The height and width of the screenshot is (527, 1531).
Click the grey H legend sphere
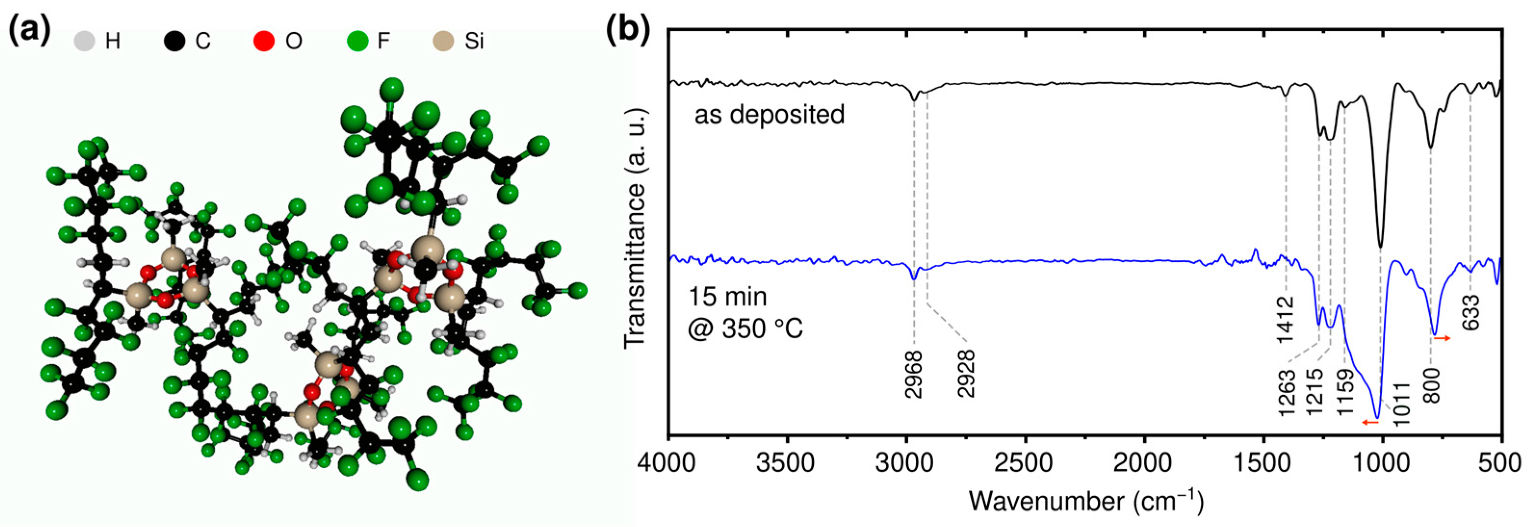coord(84,41)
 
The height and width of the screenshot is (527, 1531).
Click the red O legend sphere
coord(264,41)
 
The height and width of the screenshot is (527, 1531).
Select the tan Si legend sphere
coord(443,41)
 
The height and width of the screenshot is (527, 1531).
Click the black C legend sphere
coord(175,41)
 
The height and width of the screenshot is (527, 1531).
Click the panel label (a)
coord(30,31)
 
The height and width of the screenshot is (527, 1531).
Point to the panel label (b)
coord(628,31)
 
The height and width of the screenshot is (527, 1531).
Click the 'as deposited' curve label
coord(769,114)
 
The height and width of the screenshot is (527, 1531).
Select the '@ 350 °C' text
coord(746,328)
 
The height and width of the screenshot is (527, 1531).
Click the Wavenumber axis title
coord(1085,501)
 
